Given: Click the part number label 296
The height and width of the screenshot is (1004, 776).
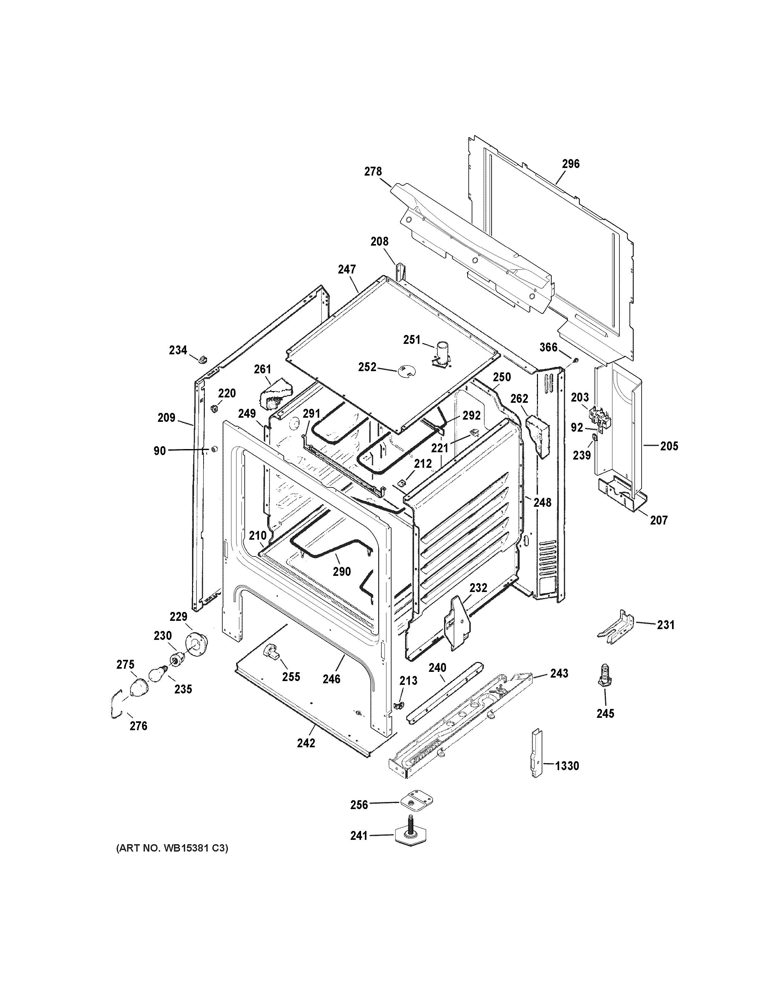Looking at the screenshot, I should coord(571,164).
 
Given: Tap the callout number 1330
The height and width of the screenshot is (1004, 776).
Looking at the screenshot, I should coord(567,766).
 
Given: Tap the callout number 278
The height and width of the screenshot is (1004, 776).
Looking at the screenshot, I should coord(373,171).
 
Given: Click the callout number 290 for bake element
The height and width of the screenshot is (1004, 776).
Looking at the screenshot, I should coord(342,571).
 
